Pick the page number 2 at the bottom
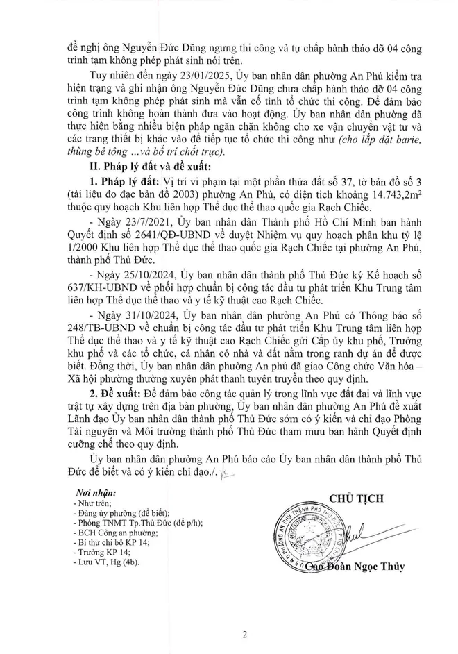(x=229, y=633)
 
